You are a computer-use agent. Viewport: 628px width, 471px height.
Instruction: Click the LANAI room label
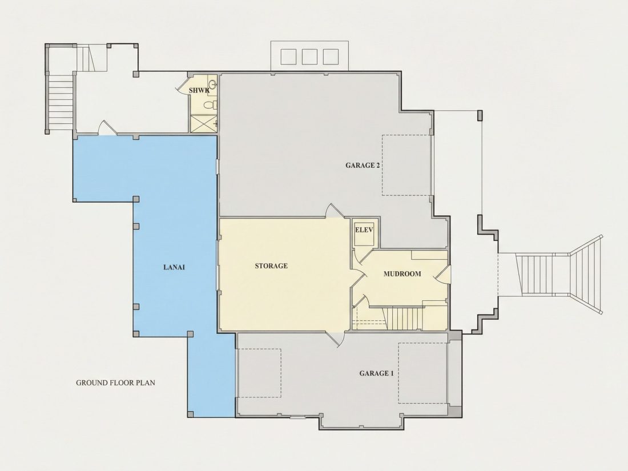(x=174, y=267)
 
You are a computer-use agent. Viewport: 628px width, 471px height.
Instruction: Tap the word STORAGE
(x=271, y=265)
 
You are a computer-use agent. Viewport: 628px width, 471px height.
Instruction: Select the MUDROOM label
(x=402, y=274)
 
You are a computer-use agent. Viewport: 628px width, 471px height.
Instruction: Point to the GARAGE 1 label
(x=376, y=373)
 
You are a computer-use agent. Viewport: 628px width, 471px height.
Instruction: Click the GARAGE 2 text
(x=363, y=165)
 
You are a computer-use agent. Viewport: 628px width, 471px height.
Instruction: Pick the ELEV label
(x=364, y=230)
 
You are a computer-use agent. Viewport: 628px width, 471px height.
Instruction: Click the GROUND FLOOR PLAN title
(x=115, y=383)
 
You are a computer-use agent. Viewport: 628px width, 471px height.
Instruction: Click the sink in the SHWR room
(x=213, y=84)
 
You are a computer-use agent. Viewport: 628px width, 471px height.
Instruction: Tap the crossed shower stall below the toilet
(x=203, y=123)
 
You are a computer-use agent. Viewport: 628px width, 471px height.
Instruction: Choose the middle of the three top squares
(x=309, y=57)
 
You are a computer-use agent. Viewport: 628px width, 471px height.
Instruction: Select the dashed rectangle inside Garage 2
(x=406, y=165)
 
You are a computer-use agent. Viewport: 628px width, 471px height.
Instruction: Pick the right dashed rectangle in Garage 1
(x=422, y=373)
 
